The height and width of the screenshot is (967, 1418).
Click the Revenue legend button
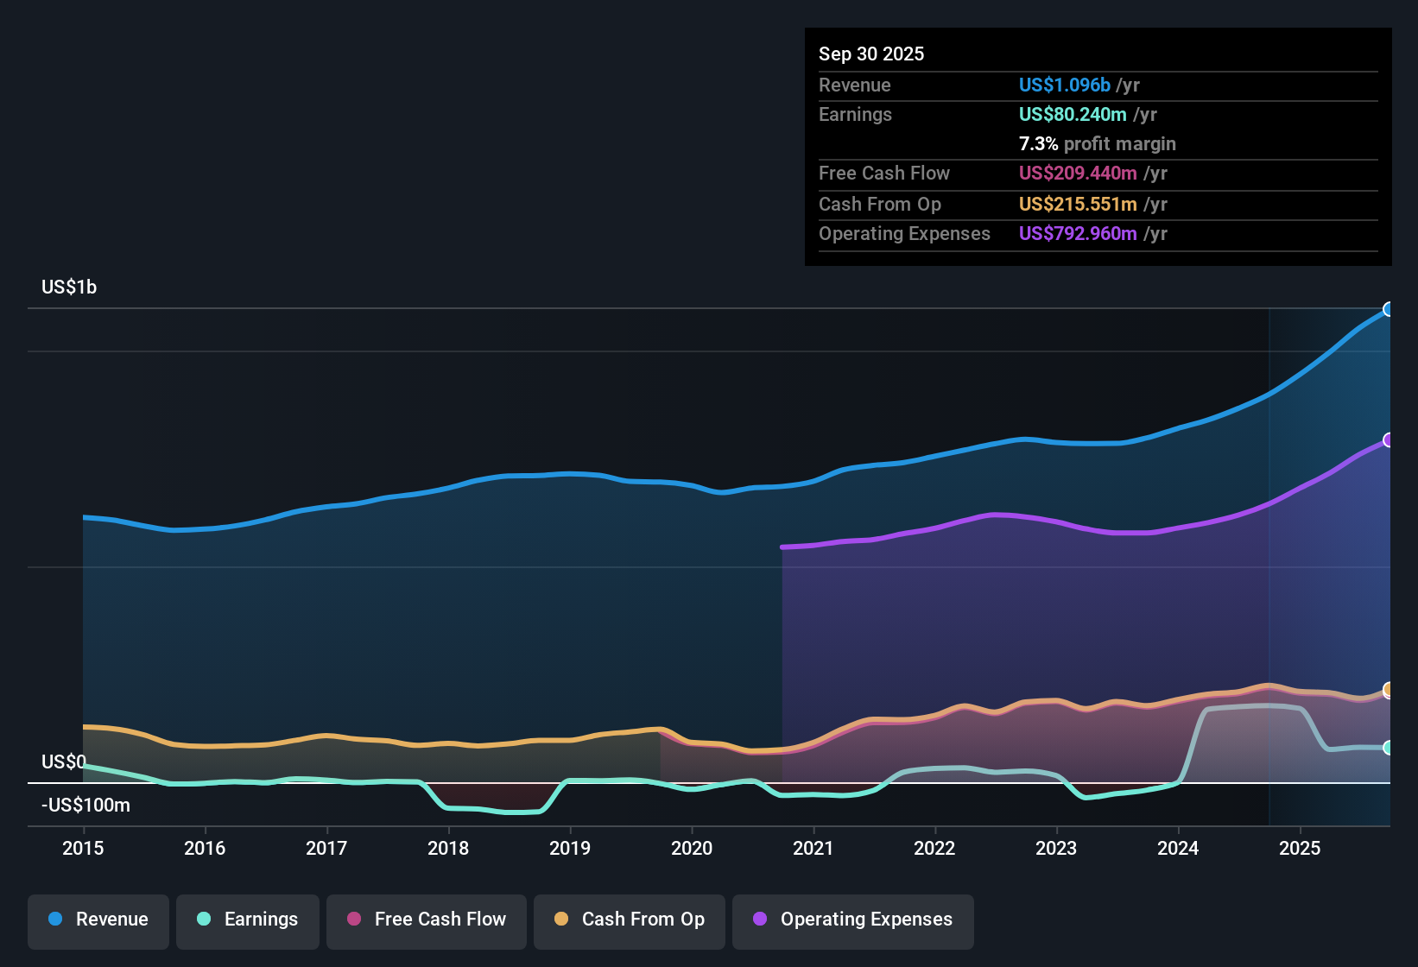click(x=98, y=920)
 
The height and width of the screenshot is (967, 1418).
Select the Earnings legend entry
click(x=248, y=920)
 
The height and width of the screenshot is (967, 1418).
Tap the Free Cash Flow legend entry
click(x=427, y=920)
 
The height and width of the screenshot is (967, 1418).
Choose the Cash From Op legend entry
click(x=630, y=920)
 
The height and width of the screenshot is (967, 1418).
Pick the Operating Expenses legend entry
click(x=853, y=920)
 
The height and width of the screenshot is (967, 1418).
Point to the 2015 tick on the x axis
click(x=83, y=848)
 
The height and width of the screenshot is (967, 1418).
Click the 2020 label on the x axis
click(x=692, y=848)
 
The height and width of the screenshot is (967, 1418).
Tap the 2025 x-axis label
click(x=1300, y=848)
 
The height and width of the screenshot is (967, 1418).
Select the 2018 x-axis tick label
click(x=448, y=848)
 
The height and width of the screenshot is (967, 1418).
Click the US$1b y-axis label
click(x=69, y=288)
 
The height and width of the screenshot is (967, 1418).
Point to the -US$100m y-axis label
click(x=85, y=806)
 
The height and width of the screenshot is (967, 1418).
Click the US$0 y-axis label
click(x=64, y=762)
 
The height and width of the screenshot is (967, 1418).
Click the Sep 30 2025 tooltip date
click(x=871, y=54)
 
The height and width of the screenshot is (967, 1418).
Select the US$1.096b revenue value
click(x=1064, y=85)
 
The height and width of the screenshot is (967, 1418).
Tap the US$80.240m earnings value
click(x=1073, y=114)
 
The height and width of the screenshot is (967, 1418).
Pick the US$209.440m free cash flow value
click(x=1078, y=173)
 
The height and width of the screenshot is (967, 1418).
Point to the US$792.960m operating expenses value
click(x=1078, y=233)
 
